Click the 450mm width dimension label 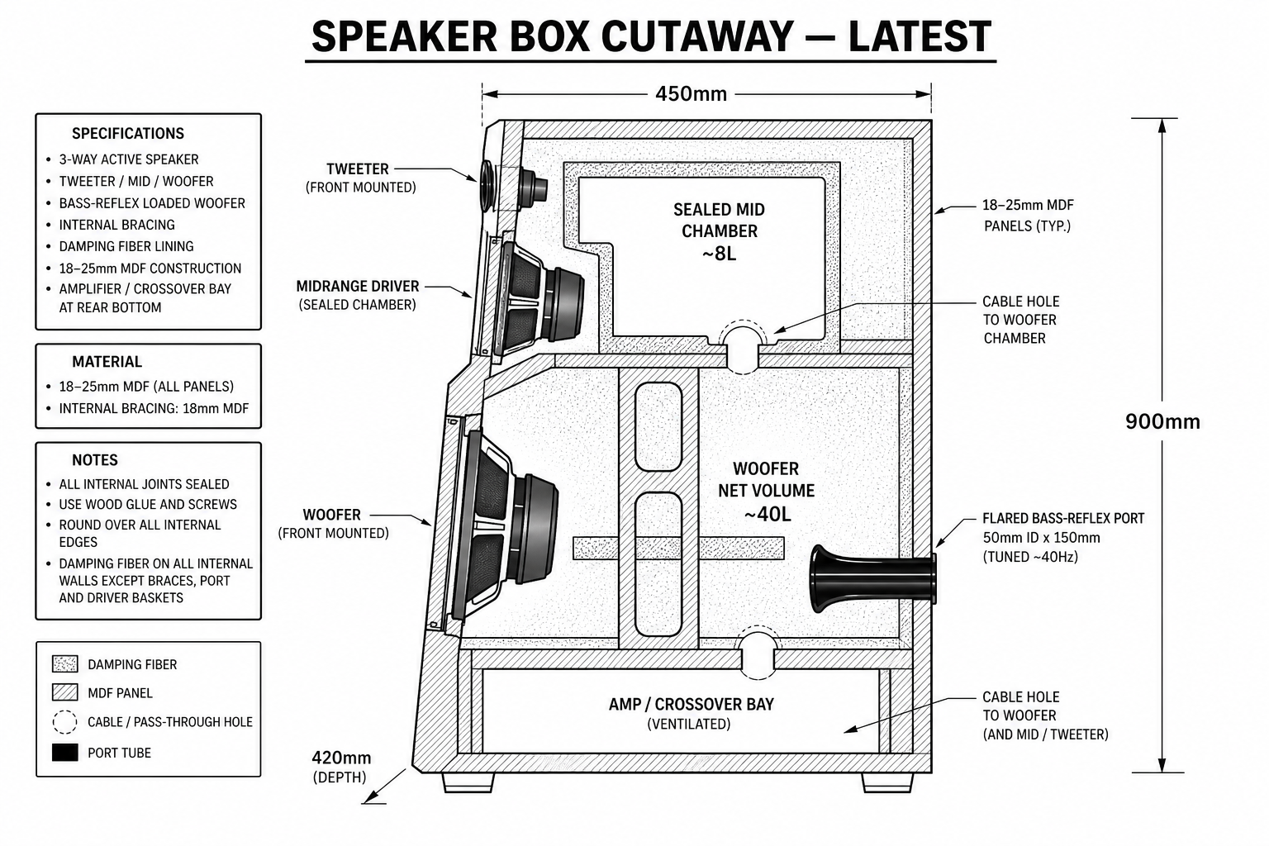click(691, 94)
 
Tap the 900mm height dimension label click(1162, 421)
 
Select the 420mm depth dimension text click(341, 758)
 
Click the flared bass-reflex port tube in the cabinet click(872, 578)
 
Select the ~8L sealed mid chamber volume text click(719, 254)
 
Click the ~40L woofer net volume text click(766, 514)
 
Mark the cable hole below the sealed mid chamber click(742, 347)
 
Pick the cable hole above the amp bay click(758, 652)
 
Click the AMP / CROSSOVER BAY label click(691, 705)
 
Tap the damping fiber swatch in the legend click(65, 664)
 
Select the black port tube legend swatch click(65, 753)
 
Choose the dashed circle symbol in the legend click(64, 722)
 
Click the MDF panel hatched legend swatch click(65, 692)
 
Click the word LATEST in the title click(920, 36)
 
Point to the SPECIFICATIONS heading click(128, 134)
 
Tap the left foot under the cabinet click(468, 782)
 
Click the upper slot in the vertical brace click(658, 426)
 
